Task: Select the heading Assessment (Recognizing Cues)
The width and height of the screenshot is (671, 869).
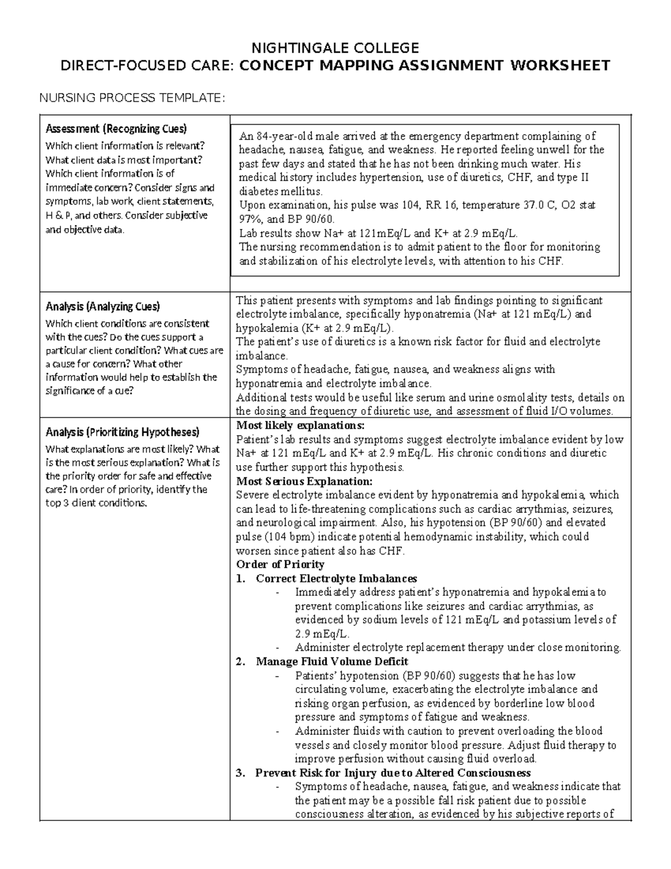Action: [x=116, y=129]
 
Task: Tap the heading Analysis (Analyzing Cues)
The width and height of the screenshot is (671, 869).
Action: [x=102, y=307]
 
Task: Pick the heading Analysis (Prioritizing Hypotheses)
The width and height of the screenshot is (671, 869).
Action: [x=122, y=432]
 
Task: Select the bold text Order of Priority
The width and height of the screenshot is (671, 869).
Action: [x=280, y=564]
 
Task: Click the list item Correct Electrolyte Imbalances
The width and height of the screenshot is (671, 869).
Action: [x=336, y=578]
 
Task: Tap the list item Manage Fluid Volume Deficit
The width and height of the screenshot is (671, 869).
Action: [x=332, y=661]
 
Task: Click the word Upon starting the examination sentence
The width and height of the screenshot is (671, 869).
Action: [x=251, y=205]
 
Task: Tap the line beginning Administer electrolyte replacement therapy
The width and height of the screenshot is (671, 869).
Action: [x=457, y=647]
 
